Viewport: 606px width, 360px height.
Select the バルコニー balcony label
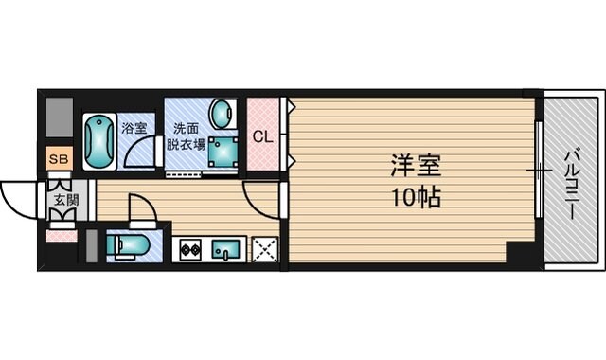click(572, 184)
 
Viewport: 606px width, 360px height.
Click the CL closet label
click(262, 135)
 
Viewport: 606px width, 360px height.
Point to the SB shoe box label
click(59, 159)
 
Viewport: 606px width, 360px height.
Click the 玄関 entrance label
click(65, 200)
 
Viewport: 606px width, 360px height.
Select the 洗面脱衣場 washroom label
click(186, 137)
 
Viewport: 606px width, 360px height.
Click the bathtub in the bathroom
click(98, 142)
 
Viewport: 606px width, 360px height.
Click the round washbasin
click(222, 115)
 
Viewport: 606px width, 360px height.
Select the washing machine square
click(223, 152)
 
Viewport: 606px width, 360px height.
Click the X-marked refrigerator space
click(264, 249)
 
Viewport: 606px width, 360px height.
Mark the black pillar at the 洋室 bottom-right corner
click(520, 253)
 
